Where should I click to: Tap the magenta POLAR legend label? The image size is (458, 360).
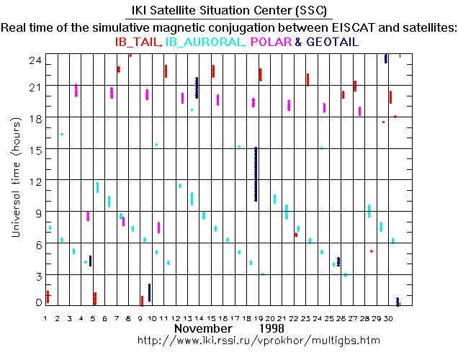coord(270,42)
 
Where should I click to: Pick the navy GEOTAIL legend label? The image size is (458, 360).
coord(332,42)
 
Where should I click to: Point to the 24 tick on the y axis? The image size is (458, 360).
coord(33,61)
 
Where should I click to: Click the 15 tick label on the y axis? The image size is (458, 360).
coord(33,149)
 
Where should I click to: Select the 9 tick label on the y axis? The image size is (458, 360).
coord(36,212)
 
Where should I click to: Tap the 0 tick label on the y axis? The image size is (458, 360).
coord(36,302)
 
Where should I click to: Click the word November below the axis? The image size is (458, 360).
coord(205,328)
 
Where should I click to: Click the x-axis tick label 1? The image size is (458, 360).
coord(45,318)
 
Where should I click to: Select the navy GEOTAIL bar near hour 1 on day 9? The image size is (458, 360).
coord(150,292)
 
